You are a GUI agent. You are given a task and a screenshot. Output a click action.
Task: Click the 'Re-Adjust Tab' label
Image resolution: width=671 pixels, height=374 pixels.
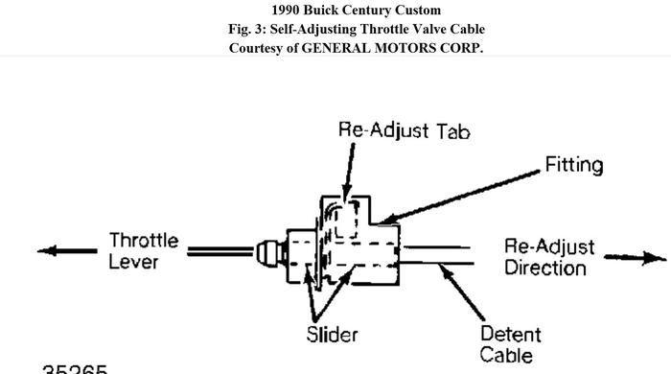pos(405,130)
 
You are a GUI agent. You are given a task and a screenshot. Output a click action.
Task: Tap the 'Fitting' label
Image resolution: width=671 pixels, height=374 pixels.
pos(574,165)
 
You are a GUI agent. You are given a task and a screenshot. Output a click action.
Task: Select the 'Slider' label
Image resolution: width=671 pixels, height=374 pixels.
pos(332,335)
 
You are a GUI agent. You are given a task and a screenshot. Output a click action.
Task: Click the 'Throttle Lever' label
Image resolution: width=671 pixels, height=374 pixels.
pos(143,249)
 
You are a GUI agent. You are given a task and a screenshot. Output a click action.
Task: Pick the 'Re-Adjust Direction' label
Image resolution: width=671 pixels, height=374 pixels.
pos(549,256)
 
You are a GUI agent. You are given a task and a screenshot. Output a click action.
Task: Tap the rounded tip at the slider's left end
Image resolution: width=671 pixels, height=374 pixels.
pos(263,252)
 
